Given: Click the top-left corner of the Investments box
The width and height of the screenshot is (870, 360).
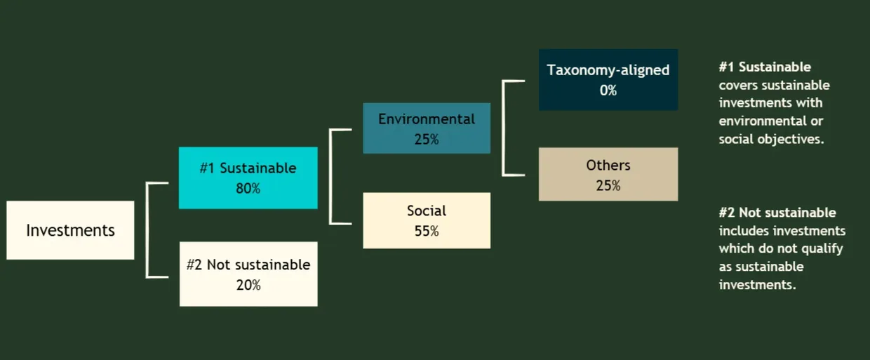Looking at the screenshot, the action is (x=6, y=201).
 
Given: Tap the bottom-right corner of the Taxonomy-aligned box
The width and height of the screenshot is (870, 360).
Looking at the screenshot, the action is (x=678, y=110).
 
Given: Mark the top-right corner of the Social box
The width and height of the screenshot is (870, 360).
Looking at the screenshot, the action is (x=490, y=192).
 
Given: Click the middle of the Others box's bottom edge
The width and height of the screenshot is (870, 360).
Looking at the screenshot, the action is (x=608, y=201).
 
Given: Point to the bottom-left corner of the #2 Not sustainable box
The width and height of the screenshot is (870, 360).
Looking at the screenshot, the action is (x=180, y=306).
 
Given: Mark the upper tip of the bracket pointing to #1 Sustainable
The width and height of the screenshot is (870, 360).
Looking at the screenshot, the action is (x=168, y=183).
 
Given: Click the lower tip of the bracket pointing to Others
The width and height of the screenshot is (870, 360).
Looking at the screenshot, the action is (x=525, y=175).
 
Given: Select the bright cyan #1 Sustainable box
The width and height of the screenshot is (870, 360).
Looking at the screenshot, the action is (x=248, y=178).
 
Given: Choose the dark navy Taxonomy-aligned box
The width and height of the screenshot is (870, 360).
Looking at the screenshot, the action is (x=608, y=79).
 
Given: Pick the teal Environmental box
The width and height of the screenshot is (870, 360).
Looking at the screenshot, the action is (x=427, y=128).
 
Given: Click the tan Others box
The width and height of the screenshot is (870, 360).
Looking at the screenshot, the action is (x=608, y=174).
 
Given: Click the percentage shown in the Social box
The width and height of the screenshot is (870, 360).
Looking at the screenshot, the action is (x=427, y=231).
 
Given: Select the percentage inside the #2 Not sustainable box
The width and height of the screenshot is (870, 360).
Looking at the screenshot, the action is (x=248, y=285).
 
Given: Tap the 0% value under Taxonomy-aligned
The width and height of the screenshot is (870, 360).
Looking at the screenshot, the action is (x=608, y=91).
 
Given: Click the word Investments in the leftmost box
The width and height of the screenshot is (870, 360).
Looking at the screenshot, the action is (x=70, y=230).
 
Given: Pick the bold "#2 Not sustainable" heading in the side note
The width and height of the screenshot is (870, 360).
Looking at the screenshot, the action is (x=777, y=213).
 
